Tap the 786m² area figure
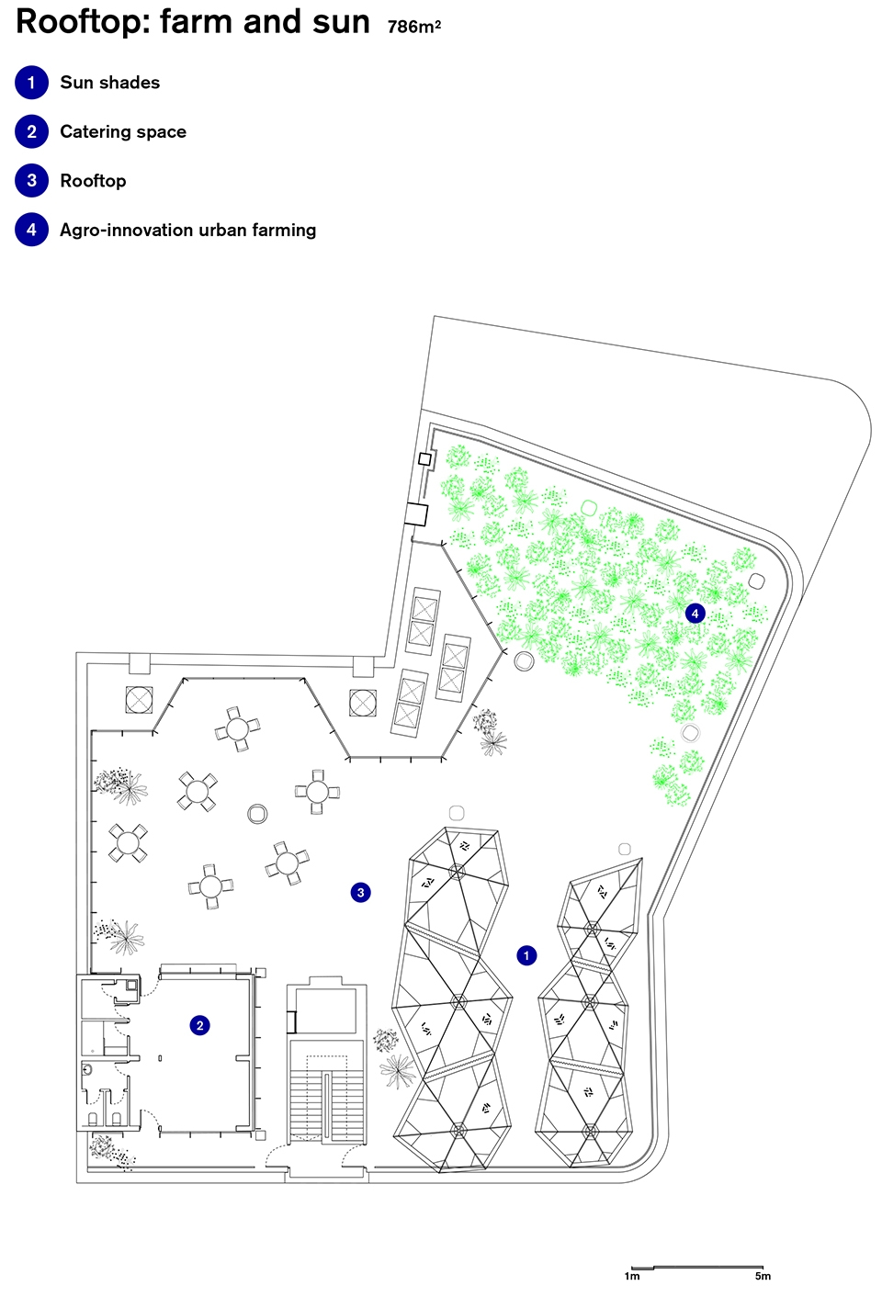(x=414, y=27)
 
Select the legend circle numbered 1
(x=31, y=83)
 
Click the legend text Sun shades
(x=110, y=83)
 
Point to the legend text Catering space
(x=123, y=132)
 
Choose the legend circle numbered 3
(x=31, y=181)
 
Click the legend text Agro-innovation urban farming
(x=188, y=230)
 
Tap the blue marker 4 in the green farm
(x=695, y=614)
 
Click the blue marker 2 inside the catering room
(x=199, y=1025)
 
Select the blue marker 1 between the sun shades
(x=526, y=955)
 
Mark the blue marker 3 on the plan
(x=361, y=892)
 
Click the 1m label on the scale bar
(x=632, y=1276)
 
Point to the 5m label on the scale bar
(x=763, y=1276)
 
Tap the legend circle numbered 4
(x=31, y=230)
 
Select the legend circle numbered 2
(x=31, y=131)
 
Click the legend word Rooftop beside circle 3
(x=93, y=181)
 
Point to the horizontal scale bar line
(x=697, y=1268)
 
